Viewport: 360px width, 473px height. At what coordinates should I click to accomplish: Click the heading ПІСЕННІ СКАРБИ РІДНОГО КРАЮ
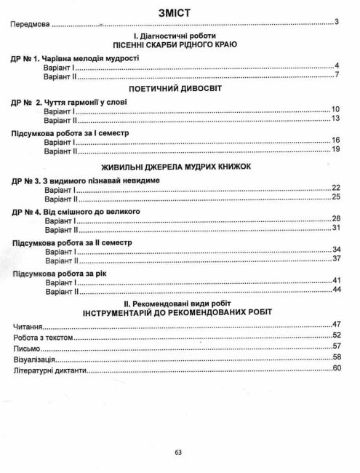click(x=178, y=45)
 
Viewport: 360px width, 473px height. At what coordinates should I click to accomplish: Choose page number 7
click(x=337, y=76)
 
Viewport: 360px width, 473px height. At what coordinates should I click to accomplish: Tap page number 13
click(x=336, y=119)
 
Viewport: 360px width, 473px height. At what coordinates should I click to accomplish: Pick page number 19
click(x=336, y=150)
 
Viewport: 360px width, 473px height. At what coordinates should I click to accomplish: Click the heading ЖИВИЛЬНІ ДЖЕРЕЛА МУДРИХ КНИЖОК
click(x=178, y=167)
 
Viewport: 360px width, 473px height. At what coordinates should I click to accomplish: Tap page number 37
click(x=336, y=259)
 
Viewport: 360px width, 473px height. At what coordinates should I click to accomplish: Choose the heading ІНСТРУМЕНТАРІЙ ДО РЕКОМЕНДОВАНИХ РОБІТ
click(x=178, y=313)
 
